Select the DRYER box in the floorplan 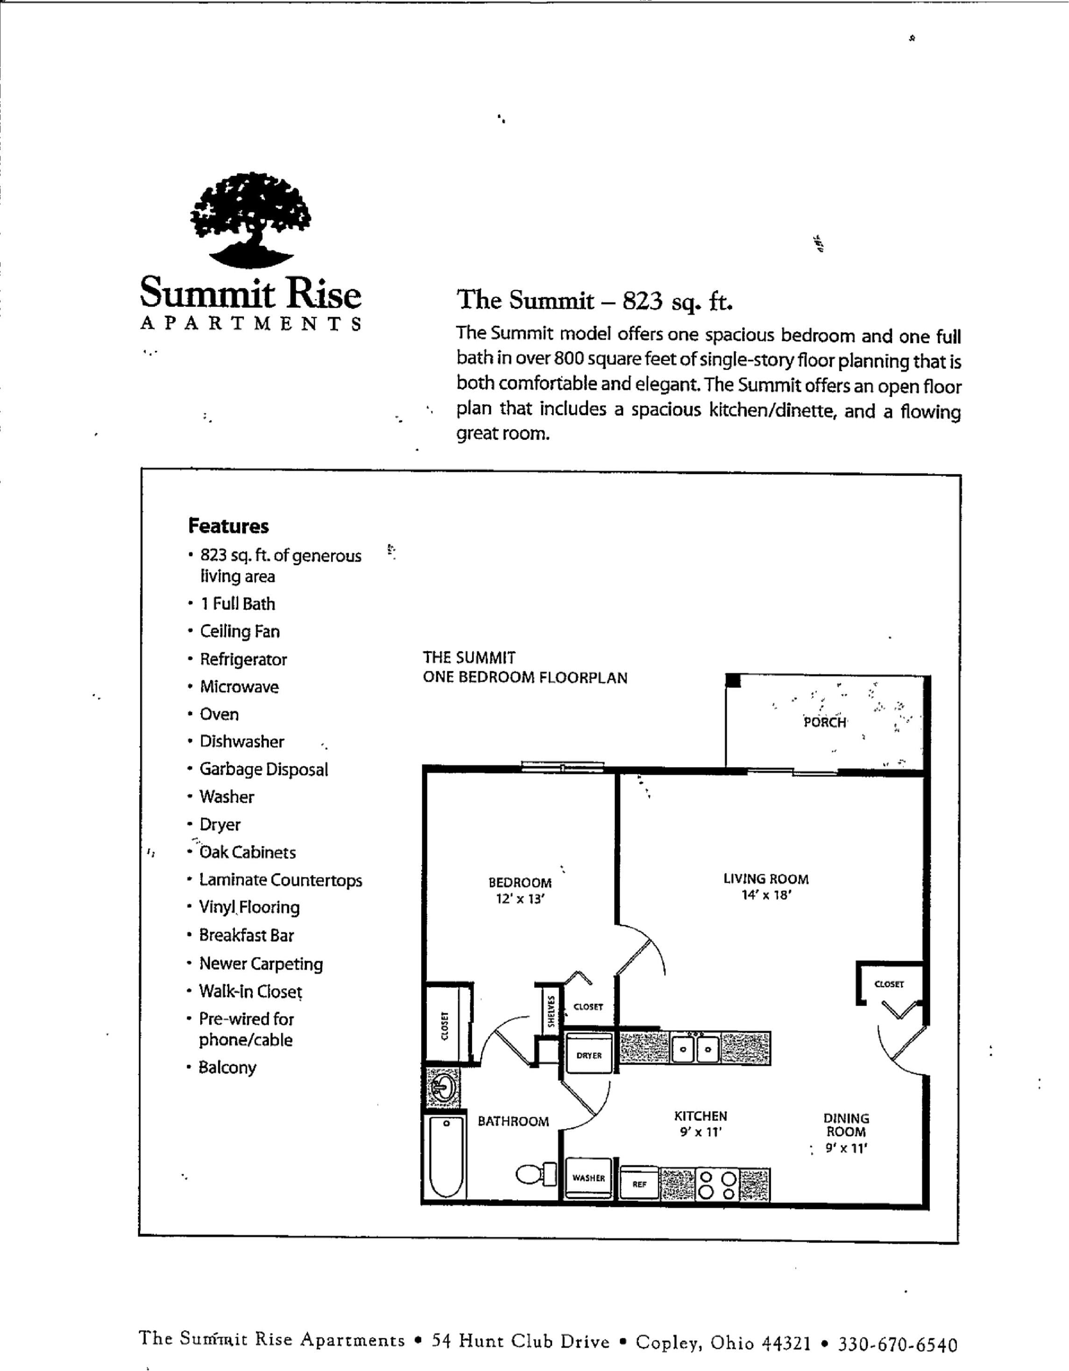pos(589,1055)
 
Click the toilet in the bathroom pos(537,1174)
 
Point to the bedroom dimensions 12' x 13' pos(520,899)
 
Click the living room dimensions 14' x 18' pos(766,895)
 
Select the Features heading pos(228,526)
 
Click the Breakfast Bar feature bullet pos(246,935)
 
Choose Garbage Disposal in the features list pos(264,770)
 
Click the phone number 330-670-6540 pos(898,1345)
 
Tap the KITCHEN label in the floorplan pos(701,1116)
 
